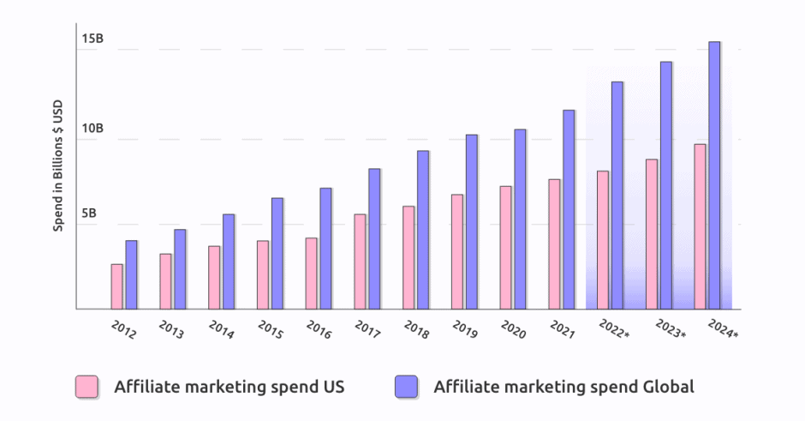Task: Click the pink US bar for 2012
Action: point(116,286)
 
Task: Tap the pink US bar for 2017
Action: point(360,262)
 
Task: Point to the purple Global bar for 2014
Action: point(229,262)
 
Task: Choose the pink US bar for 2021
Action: point(554,244)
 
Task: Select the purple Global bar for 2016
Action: point(325,249)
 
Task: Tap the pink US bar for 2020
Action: point(505,248)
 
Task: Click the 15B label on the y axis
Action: point(93,40)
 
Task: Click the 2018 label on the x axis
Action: point(417,329)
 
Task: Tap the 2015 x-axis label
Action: point(271,329)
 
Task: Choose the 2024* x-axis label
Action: point(723,329)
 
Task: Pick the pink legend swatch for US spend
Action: point(86,387)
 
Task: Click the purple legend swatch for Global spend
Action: point(406,387)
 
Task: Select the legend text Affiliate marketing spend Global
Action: point(563,387)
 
